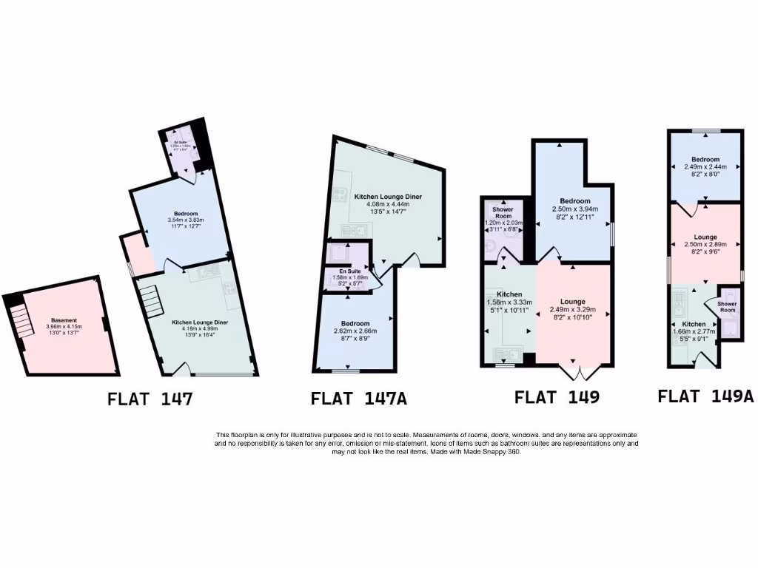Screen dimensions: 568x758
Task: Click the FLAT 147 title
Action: tap(150, 400)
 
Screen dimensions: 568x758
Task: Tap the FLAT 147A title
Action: tap(359, 399)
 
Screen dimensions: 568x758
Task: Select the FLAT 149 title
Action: tap(557, 397)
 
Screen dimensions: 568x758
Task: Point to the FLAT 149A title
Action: tap(705, 396)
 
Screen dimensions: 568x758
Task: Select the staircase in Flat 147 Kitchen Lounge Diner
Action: tap(150, 300)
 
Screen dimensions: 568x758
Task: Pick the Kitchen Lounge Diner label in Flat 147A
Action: tap(387, 197)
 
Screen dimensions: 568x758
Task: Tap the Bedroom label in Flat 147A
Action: tap(357, 323)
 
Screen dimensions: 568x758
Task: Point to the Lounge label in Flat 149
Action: tap(573, 302)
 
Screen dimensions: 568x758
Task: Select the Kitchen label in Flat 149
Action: tap(509, 294)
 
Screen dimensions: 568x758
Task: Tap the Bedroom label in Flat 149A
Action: tap(705, 160)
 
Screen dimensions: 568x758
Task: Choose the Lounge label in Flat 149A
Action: tap(705, 237)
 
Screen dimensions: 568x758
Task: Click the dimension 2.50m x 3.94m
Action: tap(574, 209)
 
